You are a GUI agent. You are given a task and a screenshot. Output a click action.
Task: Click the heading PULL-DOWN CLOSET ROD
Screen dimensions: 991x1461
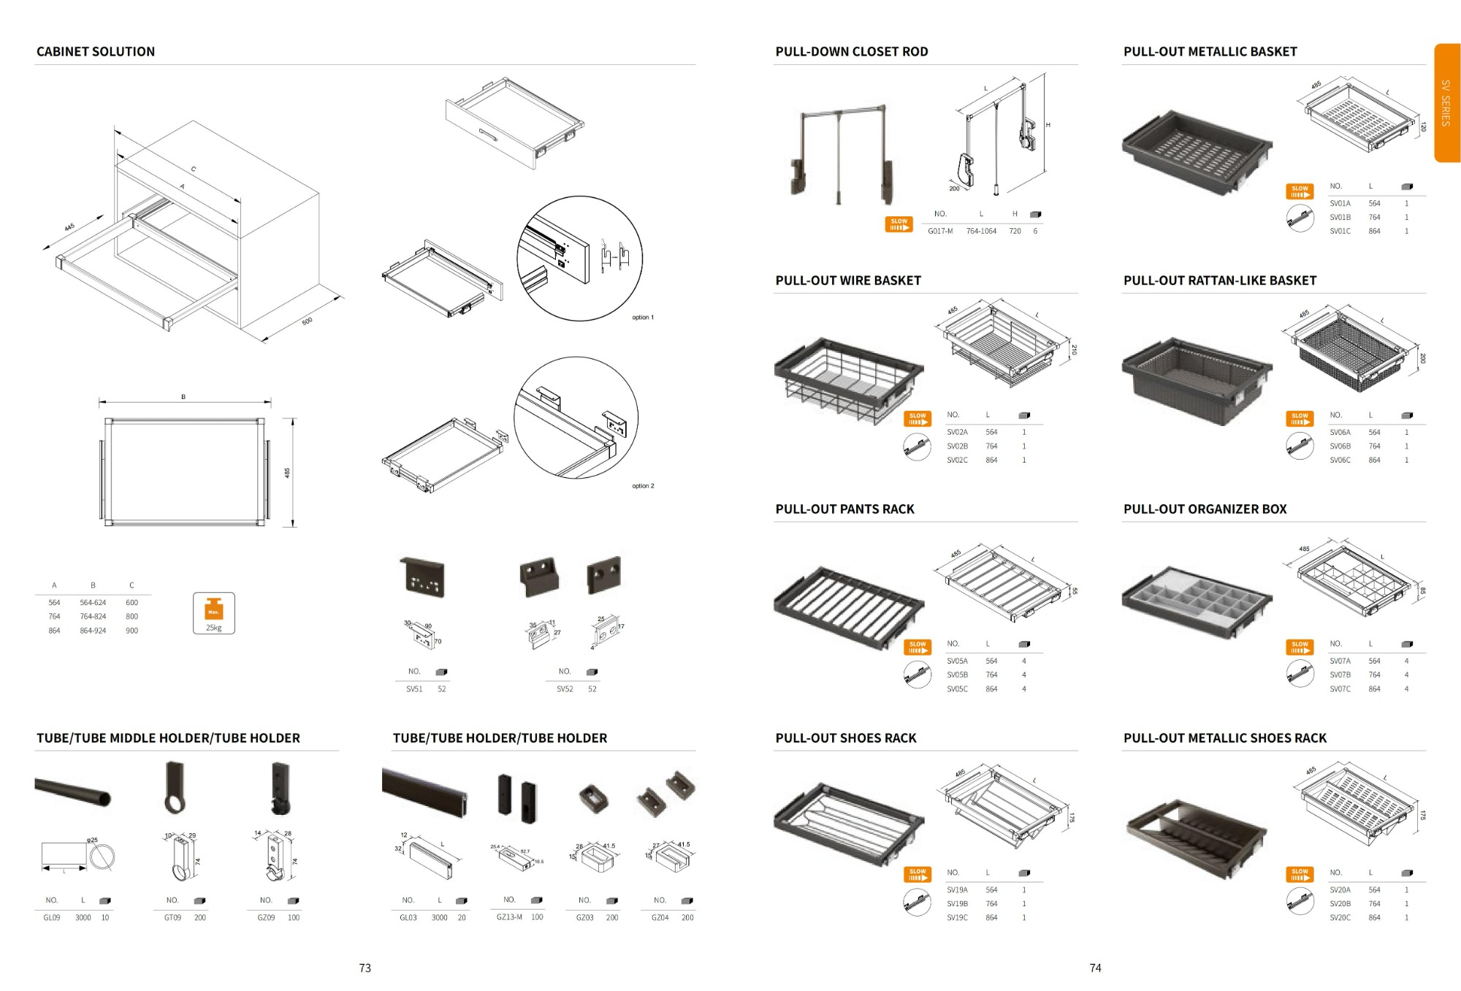click(851, 52)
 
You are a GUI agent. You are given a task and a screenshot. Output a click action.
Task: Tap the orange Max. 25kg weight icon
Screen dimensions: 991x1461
click(213, 612)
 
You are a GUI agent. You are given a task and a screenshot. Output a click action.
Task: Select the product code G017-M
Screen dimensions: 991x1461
click(940, 231)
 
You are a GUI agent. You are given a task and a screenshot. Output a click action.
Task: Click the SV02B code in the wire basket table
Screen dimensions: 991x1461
click(957, 446)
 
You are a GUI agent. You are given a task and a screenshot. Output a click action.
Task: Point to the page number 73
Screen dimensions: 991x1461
click(365, 968)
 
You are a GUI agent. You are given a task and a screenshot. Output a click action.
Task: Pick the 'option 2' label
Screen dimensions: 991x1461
click(643, 486)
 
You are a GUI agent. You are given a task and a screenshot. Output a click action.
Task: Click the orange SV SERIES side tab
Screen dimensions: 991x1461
click(1446, 102)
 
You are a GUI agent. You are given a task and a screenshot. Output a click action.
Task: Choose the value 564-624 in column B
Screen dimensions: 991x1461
click(93, 603)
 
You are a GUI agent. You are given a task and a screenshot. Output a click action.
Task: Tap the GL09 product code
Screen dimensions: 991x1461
click(52, 917)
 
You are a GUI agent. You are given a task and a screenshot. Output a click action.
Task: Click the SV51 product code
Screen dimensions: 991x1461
click(414, 688)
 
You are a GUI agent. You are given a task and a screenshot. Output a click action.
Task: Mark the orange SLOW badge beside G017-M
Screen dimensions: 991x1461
click(899, 224)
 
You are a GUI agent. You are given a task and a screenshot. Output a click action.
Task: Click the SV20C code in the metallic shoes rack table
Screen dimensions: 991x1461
click(1340, 917)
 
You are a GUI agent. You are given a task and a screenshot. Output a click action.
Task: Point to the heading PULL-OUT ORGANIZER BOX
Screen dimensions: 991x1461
click(1205, 509)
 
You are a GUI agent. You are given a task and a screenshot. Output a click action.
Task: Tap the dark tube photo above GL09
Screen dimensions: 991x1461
click(73, 791)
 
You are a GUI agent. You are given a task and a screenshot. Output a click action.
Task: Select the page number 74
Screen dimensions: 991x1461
click(1095, 968)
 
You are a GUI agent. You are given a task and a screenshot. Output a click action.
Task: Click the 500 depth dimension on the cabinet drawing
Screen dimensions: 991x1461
click(308, 321)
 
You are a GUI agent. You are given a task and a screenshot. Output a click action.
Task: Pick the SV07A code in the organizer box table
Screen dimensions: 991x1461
click(1340, 661)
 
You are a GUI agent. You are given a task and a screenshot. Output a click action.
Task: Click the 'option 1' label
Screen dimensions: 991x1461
click(643, 317)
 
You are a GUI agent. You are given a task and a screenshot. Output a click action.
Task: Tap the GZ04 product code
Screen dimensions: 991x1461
click(660, 917)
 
